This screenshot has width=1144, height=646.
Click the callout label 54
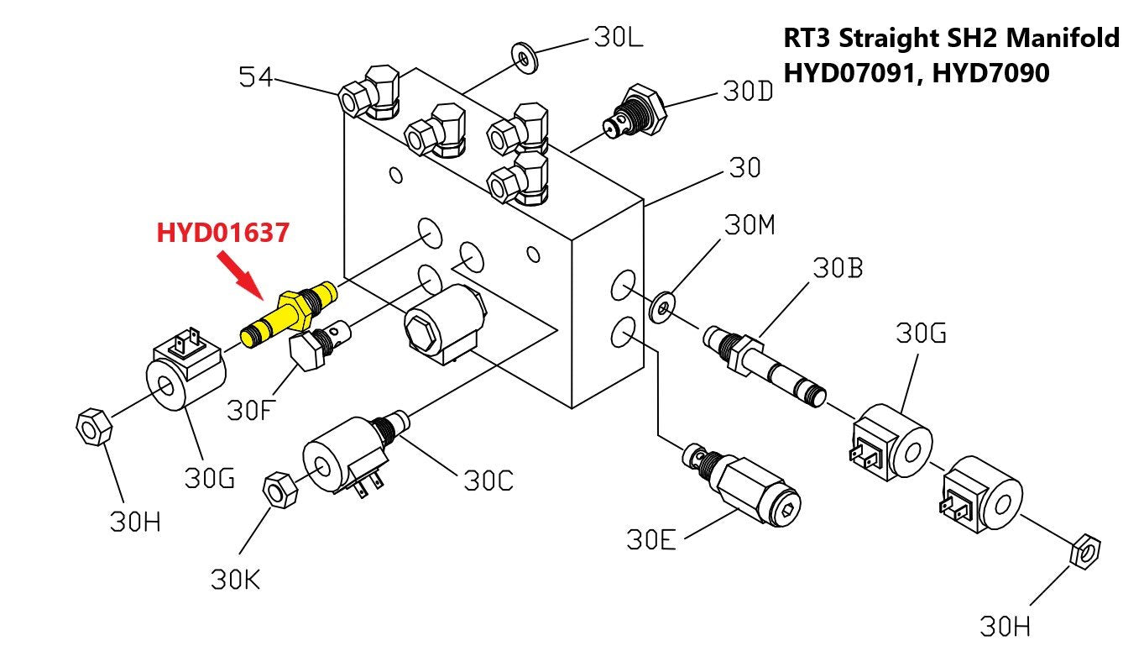pyautogui.click(x=257, y=78)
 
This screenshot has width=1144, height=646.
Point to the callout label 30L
pyautogui.click(x=619, y=38)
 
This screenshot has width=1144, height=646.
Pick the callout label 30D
pyautogui.click(x=748, y=92)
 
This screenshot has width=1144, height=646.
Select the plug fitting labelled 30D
pyautogui.click(x=636, y=111)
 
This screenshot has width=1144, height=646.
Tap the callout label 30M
pyautogui.click(x=750, y=225)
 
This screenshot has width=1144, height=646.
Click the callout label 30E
pyautogui.click(x=651, y=539)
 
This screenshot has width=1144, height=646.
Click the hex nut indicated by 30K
pyautogui.click(x=279, y=490)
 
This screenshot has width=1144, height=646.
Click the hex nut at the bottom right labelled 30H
pyautogui.click(x=1086, y=552)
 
